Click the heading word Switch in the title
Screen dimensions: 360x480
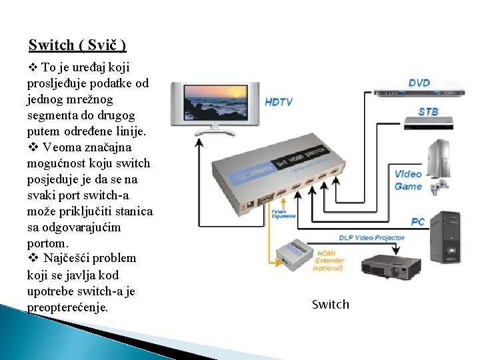pos(51,45)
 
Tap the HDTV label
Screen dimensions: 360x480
pos(279,102)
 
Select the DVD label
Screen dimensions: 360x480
pos(419,83)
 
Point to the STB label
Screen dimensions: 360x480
pos(428,111)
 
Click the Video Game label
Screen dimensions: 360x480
pos(408,180)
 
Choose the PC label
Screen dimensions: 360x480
pos(418,221)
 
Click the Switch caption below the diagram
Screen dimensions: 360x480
pos(330,305)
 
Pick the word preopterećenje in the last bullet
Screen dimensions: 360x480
pos(68,307)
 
